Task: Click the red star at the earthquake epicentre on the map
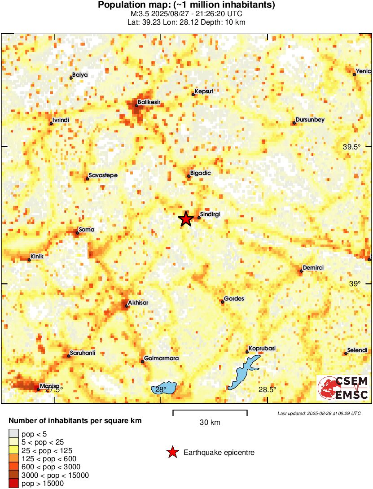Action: pos(185,219)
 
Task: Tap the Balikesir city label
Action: pos(149,102)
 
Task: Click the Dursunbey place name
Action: pos(310,119)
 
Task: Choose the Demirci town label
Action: pos(313,268)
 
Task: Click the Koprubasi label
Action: pos(263,349)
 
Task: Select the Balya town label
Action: pos(80,75)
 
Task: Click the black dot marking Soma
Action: pos(77,232)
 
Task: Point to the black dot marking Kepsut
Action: pos(193,94)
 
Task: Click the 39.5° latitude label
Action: pos(352,147)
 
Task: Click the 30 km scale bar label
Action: pos(210,422)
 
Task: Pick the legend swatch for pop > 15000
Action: pos(14,483)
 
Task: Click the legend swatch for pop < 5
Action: pos(14,433)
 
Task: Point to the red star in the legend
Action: pos(172,453)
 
